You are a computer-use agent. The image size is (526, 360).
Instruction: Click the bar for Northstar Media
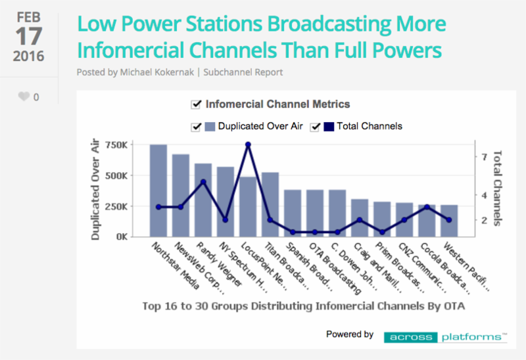tap(158, 191)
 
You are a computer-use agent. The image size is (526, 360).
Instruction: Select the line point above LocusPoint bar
tap(248, 145)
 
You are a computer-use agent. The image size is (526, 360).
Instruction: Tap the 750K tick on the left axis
tap(116, 145)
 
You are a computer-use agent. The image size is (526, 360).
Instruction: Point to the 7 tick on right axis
tap(484, 157)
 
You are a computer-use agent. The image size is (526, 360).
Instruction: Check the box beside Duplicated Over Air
tap(196, 127)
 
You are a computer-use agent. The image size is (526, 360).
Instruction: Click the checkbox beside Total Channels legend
tap(315, 127)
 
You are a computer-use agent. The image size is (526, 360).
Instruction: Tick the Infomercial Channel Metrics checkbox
tap(196, 104)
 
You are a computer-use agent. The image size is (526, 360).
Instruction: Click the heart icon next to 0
tap(24, 97)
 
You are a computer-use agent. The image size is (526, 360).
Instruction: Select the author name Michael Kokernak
tap(157, 72)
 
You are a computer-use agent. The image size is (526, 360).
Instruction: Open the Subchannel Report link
tap(243, 72)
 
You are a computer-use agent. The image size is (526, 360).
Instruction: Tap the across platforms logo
tap(445, 337)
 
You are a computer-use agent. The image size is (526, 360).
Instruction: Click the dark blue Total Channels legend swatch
tap(329, 127)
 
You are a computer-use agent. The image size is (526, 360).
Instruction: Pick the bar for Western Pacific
tap(449, 221)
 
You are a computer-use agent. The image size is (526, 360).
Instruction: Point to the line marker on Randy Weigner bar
tap(203, 182)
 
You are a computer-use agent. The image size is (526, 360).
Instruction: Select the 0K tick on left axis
tap(122, 236)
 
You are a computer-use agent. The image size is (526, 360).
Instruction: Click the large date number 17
tap(29, 36)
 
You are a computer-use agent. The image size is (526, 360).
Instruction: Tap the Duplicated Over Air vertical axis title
tap(95, 189)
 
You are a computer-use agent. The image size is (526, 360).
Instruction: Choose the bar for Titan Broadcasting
tap(270, 205)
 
